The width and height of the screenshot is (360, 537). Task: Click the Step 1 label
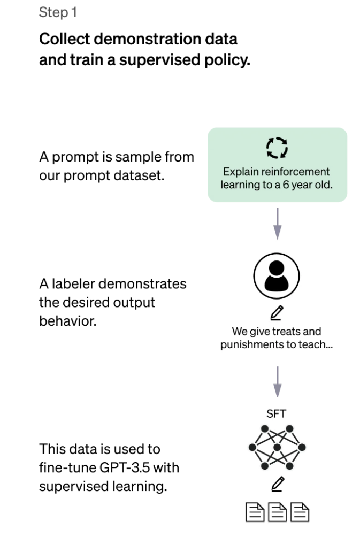pos(58,12)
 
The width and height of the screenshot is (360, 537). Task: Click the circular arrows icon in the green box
pos(277,148)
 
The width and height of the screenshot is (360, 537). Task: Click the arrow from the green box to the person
pos(277,224)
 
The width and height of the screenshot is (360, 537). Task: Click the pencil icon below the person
pos(277,312)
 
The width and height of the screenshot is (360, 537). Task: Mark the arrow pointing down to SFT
pos(277,382)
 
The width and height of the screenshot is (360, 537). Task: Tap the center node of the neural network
pos(277,447)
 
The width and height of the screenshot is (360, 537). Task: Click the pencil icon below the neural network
pos(277,485)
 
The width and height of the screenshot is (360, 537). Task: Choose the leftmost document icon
pos(254,512)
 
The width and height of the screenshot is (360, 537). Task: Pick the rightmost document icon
pos(301,512)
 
